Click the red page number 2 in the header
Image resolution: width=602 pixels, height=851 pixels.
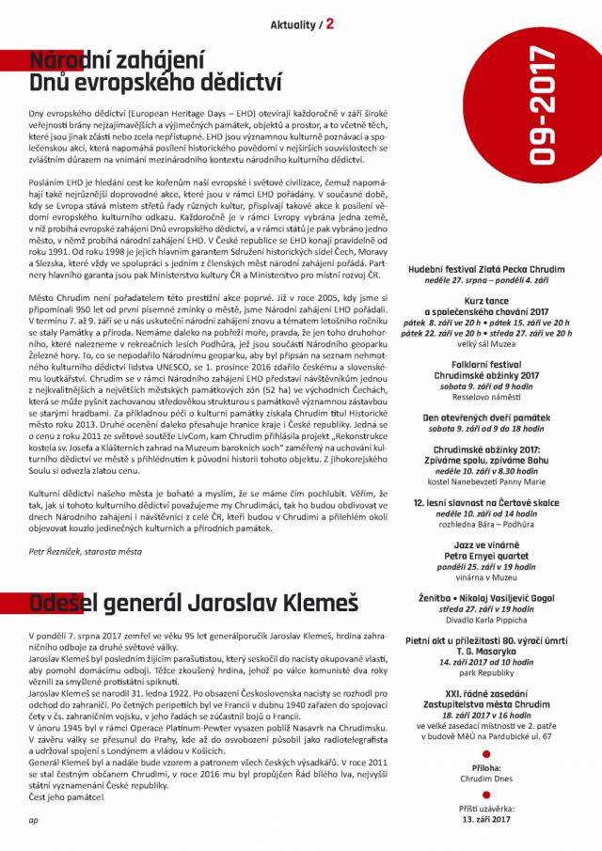pos(331,23)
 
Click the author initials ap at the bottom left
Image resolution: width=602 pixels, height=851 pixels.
pos(33,818)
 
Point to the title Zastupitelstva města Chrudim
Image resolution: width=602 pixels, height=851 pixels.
pos(484,703)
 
